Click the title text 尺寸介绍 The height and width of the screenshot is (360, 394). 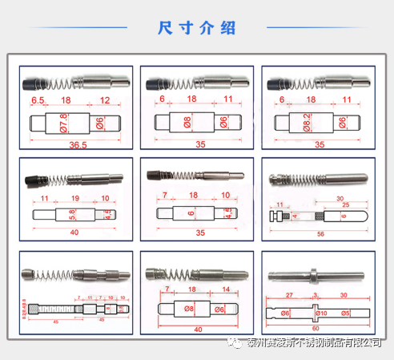[x=196, y=27]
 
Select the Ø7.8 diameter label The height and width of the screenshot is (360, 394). [x=64, y=123]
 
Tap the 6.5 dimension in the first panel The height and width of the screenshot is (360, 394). [x=38, y=101]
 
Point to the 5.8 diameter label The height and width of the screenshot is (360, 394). [x=72, y=215]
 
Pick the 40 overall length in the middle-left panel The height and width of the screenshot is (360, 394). [x=74, y=232]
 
